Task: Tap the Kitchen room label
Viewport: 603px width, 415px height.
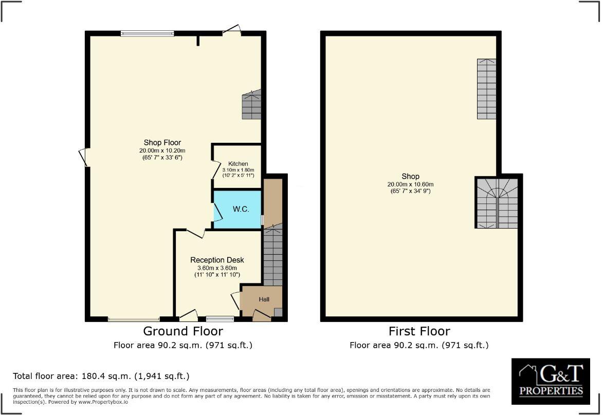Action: tap(238, 164)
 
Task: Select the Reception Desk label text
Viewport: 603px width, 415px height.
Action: tap(217, 260)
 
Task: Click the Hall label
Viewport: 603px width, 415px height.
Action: tap(264, 299)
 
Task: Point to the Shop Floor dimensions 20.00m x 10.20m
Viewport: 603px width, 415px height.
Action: tap(162, 150)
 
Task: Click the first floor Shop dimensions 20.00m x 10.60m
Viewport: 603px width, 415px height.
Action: tap(411, 184)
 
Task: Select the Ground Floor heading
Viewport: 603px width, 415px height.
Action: tap(182, 331)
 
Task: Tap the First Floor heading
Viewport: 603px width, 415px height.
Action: tap(419, 331)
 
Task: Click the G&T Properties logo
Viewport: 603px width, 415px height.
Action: tap(551, 381)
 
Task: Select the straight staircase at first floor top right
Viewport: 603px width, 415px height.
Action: tap(486, 89)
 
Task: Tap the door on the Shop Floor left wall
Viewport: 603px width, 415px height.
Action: tap(83, 157)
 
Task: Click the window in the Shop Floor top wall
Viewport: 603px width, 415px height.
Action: tap(147, 33)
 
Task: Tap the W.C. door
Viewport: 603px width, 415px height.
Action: tap(218, 212)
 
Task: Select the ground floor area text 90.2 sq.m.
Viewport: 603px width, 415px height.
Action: tap(183, 345)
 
